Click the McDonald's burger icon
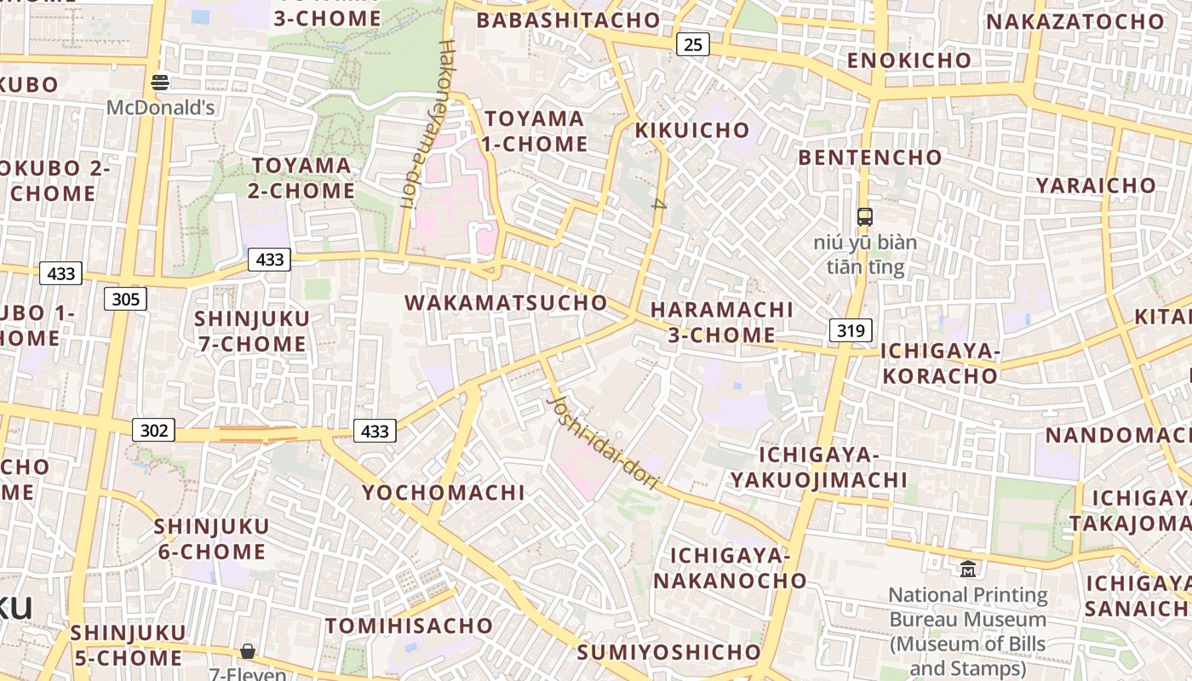point(160,83)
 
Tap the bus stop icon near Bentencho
point(865,216)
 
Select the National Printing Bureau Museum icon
point(968,569)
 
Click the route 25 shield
point(693,44)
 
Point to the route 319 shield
point(851,330)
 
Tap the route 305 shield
point(126,299)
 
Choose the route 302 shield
point(153,430)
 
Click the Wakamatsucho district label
point(506,303)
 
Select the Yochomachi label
point(444,493)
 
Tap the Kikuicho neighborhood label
point(692,130)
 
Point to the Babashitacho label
point(569,20)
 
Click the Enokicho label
point(908,60)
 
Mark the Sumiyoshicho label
point(669,653)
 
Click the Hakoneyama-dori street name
point(423,123)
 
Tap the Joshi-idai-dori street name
point(603,443)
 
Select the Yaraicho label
point(1096,186)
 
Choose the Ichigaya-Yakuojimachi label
point(818,467)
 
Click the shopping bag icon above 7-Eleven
point(248,651)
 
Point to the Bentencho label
point(870,157)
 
